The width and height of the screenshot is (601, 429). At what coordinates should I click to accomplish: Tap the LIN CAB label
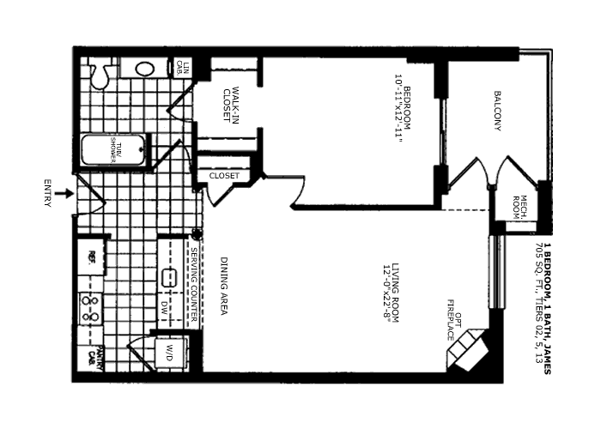click(181, 67)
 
